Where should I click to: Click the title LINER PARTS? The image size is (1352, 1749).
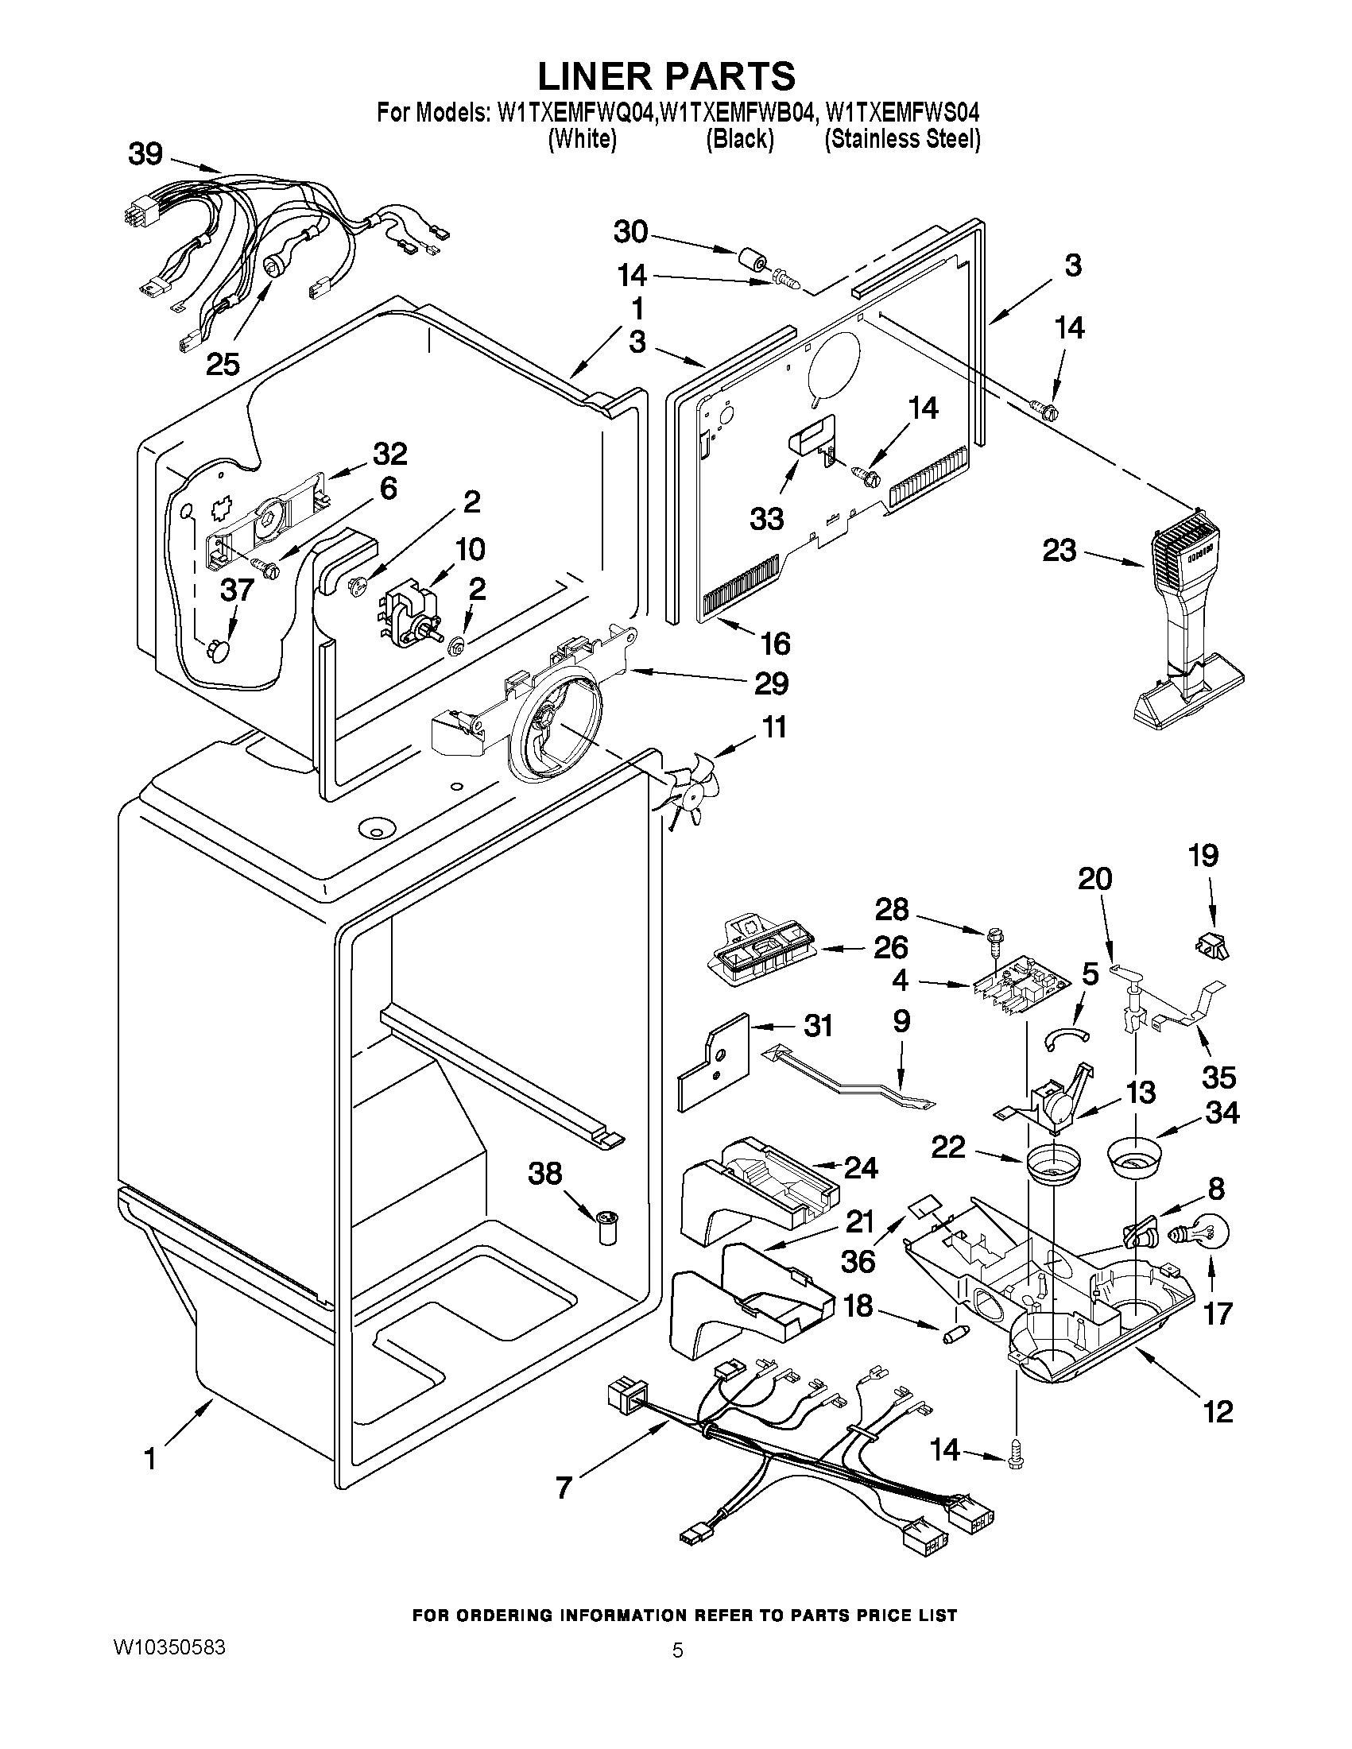(665, 75)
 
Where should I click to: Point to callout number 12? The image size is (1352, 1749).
(1218, 1411)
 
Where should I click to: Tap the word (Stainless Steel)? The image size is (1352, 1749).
(903, 138)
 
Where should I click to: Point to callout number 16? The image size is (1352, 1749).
(774, 643)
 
